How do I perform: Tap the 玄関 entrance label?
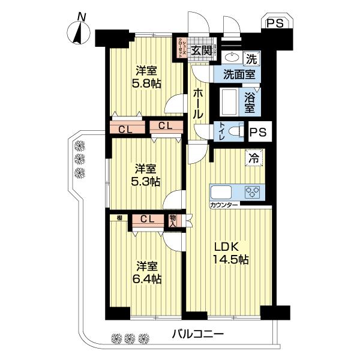coord(202,50)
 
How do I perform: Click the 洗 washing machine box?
coord(251,59)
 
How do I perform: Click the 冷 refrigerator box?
coord(254,159)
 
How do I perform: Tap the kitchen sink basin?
coord(220,193)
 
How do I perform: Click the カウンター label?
coord(224,206)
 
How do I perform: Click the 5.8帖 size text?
coord(146,83)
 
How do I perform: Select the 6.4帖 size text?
coord(146,278)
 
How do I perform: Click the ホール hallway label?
coord(199,103)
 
